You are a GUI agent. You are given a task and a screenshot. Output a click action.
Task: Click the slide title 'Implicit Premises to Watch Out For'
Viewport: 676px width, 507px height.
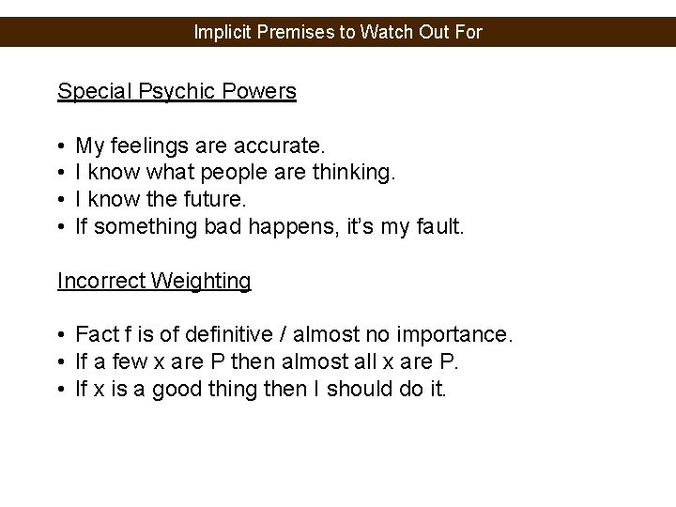pyautogui.click(x=338, y=32)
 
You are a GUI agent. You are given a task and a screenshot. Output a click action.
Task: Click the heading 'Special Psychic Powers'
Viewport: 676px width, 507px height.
pyautogui.click(x=177, y=91)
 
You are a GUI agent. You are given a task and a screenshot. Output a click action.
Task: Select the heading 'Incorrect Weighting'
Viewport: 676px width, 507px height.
pyautogui.click(x=154, y=280)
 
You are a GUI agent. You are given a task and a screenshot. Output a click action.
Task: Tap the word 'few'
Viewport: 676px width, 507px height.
pyautogui.click(x=133, y=361)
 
